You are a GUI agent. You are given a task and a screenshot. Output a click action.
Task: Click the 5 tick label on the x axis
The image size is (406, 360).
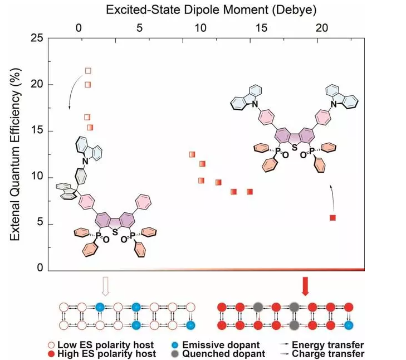[140, 27]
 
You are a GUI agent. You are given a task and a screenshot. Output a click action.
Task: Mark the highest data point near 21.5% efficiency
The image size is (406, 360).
[88, 71]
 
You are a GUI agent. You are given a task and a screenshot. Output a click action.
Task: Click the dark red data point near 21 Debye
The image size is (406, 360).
[332, 217]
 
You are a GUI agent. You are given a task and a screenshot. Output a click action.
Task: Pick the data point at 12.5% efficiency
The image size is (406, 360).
[192, 154]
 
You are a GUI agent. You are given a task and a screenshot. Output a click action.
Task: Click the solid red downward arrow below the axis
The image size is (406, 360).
[305, 285]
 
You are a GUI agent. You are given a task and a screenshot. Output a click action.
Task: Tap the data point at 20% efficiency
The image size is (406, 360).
[88, 85]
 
